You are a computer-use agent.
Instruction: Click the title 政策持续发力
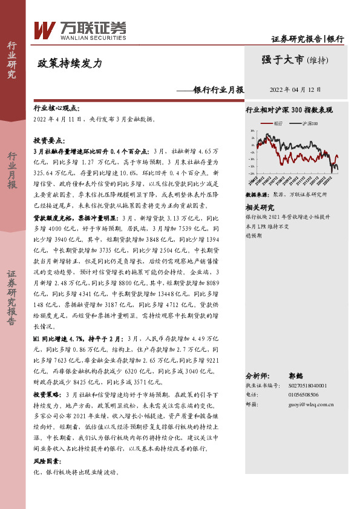tap(70, 63)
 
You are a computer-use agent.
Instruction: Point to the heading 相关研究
tap(260, 207)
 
